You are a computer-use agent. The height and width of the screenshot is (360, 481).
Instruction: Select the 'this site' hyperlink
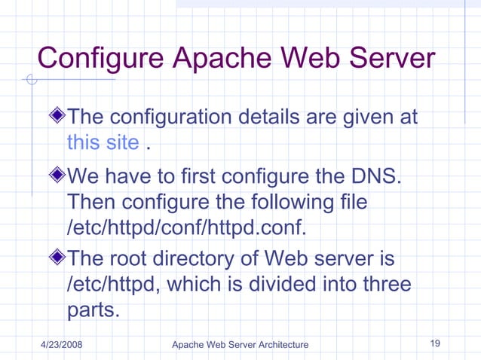click(103, 142)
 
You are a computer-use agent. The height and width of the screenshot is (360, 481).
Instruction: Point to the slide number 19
click(435, 343)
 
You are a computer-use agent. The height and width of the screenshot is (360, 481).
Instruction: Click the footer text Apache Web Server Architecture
click(240, 344)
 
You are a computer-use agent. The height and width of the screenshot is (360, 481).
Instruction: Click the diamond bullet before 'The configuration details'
click(57, 117)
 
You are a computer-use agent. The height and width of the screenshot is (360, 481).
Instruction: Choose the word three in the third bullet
click(385, 285)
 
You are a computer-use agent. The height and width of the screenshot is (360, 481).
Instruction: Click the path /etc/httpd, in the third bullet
click(118, 285)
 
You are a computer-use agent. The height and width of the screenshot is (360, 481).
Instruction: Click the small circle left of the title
click(31, 81)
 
